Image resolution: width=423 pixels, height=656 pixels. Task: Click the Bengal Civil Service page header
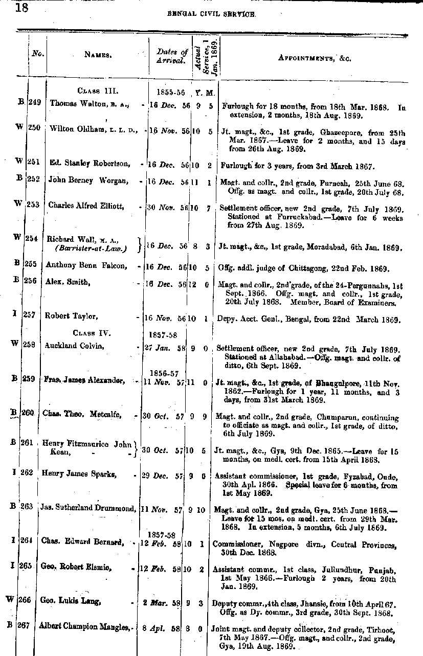(211, 15)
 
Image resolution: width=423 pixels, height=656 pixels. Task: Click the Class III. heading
(98, 91)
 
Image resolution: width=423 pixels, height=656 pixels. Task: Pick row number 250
(34, 127)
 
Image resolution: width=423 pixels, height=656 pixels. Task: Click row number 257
(29, 315)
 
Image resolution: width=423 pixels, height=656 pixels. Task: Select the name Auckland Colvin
(75, 346)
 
